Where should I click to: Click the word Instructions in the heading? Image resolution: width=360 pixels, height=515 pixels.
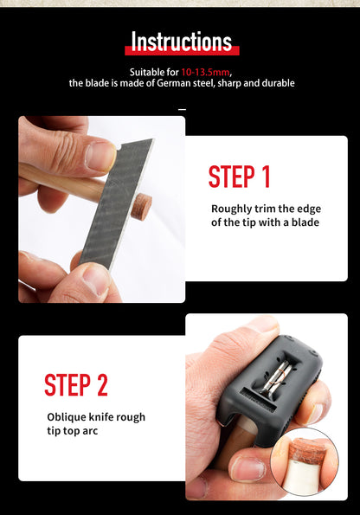[182, 42]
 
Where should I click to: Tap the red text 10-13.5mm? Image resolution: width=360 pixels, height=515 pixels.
[205, 72]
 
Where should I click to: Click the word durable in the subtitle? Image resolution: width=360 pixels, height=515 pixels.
[278, 83]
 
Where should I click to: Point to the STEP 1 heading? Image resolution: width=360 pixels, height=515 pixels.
[239, 177]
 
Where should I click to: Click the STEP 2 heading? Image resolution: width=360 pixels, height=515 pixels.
[76, 385]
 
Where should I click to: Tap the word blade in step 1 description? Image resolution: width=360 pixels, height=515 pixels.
[305, 222]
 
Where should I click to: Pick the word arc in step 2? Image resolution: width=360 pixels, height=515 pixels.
[90, 431]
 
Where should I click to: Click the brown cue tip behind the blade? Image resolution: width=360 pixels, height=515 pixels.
[142, 206]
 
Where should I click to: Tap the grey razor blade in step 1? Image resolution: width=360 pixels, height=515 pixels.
[115, 203]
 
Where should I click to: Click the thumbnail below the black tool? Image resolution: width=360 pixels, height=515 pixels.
[247, 468]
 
